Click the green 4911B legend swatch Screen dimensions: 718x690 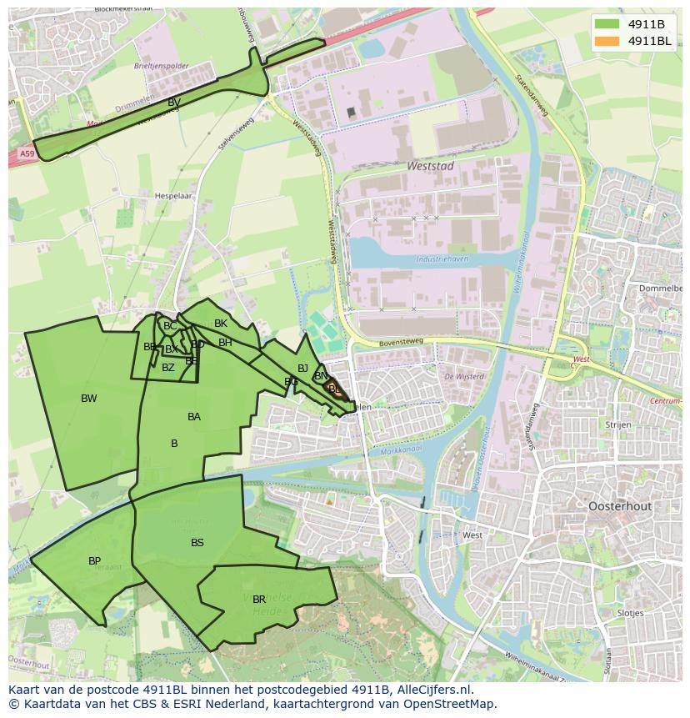(x=607, y=25)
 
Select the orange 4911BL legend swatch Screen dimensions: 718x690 (x=607, y=41)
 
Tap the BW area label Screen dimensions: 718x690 (x=89, y=399)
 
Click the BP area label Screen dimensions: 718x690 (x=95, y=561)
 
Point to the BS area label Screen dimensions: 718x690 (x=197, y=543)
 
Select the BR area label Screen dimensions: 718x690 (x=259, y=600)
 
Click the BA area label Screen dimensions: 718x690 (x=194, y=417)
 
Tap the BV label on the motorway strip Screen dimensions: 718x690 (x=174, y=103)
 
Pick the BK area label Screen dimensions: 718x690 (x=221, y=324)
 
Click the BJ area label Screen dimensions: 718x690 (x=303, y=369)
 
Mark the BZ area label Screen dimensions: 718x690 (x=168, y=368)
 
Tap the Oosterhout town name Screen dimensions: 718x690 (x=619, y=506)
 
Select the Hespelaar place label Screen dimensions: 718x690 (x=173, y=197)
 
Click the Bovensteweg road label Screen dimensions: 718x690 (x=402, y=340)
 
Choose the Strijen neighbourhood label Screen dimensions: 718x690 (x=617, y=424)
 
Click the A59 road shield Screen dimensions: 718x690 (x=27, y=153)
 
